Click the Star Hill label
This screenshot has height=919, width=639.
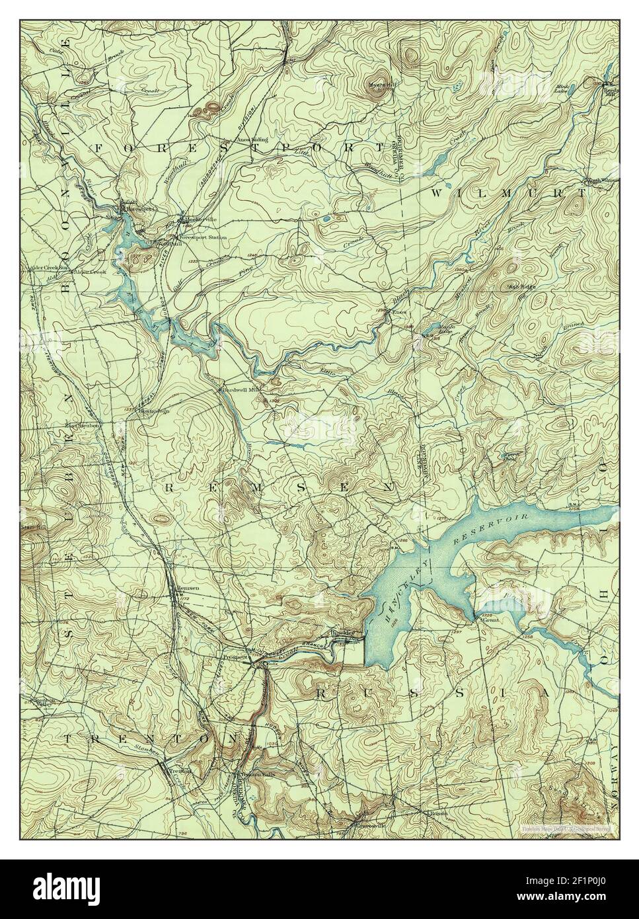point(32,524)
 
